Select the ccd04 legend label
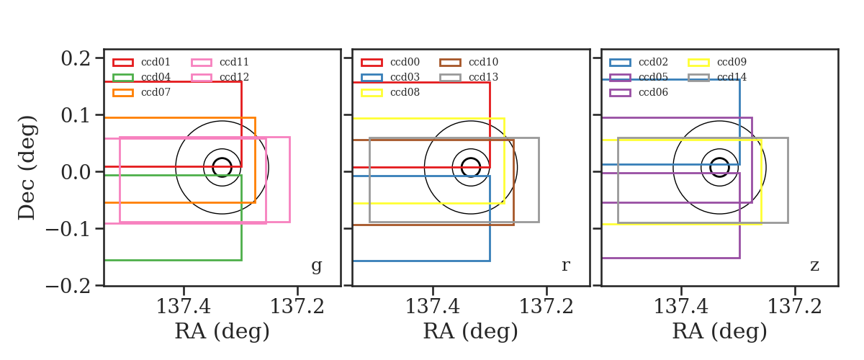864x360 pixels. [156, 77]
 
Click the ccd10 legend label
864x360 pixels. [483, 62]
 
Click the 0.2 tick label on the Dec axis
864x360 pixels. [76, 58]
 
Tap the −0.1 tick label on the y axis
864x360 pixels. [68, 229]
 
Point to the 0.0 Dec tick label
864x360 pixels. [76, 172]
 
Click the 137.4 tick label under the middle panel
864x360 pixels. [433, 307]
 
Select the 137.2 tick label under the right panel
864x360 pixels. [795, 307]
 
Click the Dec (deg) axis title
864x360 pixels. [27, 168]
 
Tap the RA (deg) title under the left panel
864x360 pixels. [222, 332]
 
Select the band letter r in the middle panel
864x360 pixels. [565, 266]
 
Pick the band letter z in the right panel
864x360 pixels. [814, 266]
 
